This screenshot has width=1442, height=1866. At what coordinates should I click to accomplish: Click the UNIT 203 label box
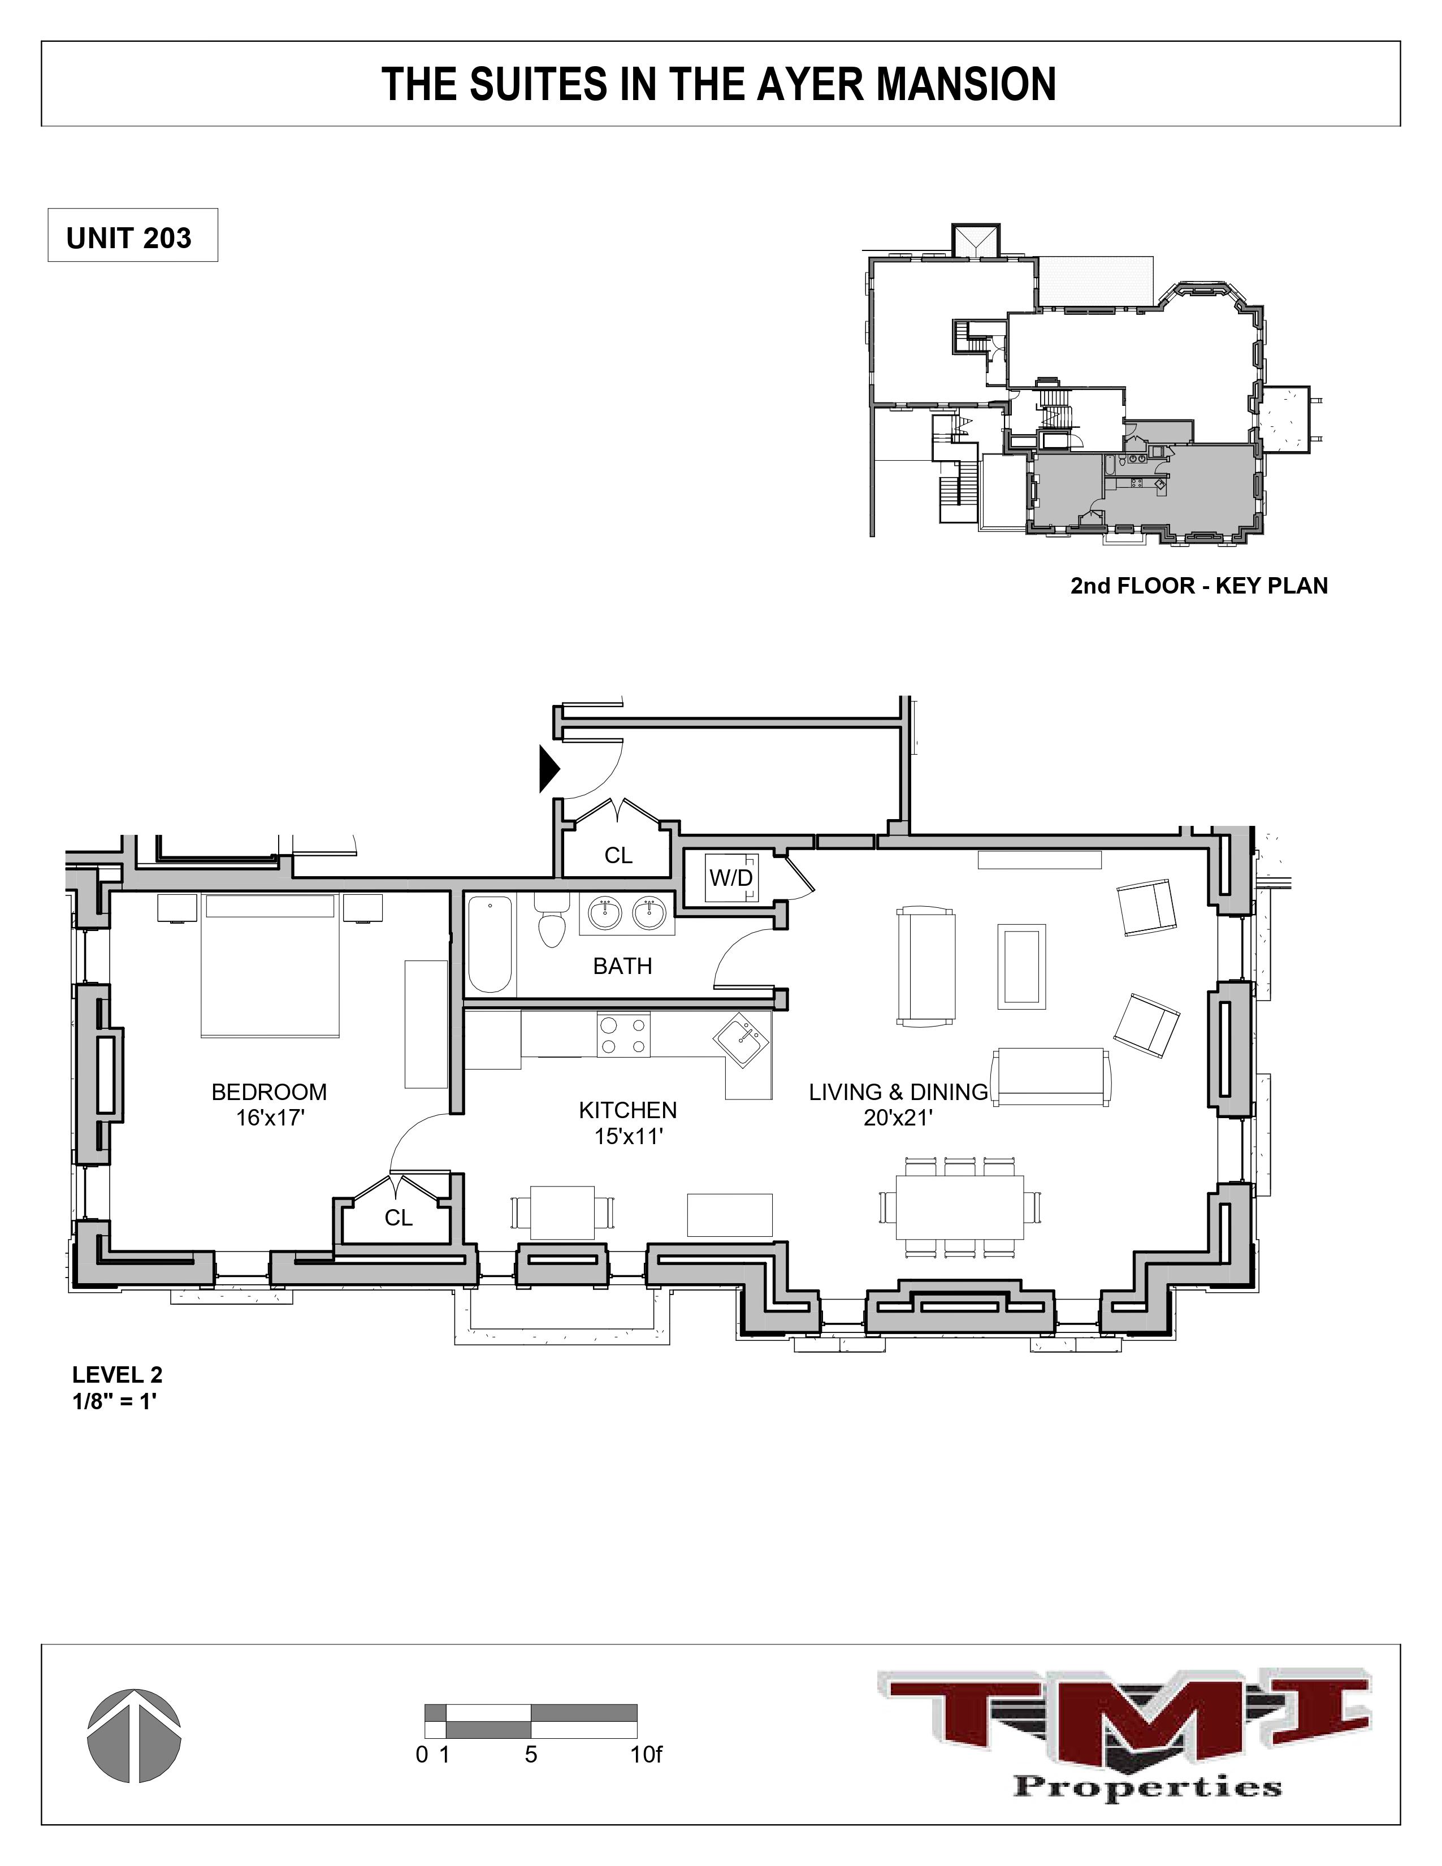click(132, 237)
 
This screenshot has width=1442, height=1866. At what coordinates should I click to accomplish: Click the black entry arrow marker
click(548, 769)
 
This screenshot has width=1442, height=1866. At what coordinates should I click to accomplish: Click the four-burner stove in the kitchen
click(623, 1034)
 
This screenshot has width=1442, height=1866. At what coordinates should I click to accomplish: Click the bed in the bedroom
click(270, 966)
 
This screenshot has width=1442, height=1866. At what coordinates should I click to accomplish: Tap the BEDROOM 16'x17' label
click(269, 1104)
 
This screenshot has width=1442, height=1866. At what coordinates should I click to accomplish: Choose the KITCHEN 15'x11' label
click(628, 1123)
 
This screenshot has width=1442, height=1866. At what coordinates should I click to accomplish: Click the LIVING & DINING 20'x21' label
click(898, 1104)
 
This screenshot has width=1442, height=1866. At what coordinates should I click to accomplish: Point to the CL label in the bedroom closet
click(398, 1218)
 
